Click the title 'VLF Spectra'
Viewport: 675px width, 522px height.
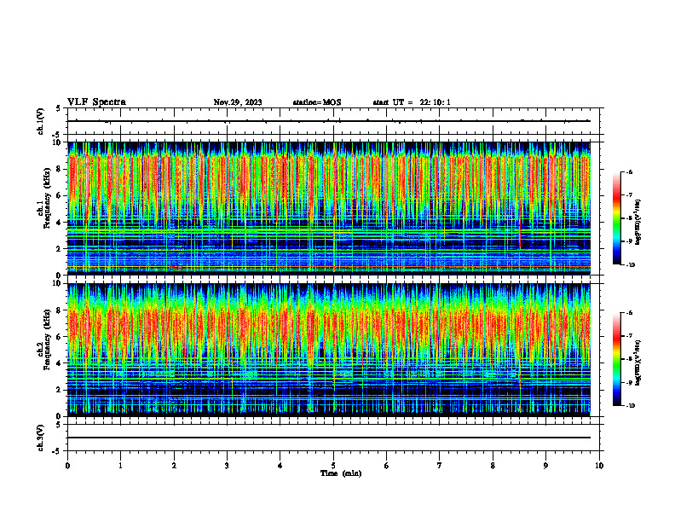(x=96, y=101)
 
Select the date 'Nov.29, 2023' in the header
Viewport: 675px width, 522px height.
(x=238, y=102)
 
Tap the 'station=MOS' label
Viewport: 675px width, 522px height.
(x=316, y=102)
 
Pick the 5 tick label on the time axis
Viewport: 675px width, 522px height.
(x=333, y=465)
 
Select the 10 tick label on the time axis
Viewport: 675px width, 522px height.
(x=599, y=465)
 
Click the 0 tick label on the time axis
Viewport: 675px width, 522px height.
(x=67, y=465)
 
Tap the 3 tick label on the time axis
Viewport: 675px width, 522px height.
(x=227, y=465)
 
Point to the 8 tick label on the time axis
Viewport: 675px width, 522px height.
(x=493, y=465)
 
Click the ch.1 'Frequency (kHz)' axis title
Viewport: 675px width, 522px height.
(x=45, y=208)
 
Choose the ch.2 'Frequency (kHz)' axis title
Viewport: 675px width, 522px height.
(x=45, y=349)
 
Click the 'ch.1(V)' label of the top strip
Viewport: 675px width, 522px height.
(x=40, y=121)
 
